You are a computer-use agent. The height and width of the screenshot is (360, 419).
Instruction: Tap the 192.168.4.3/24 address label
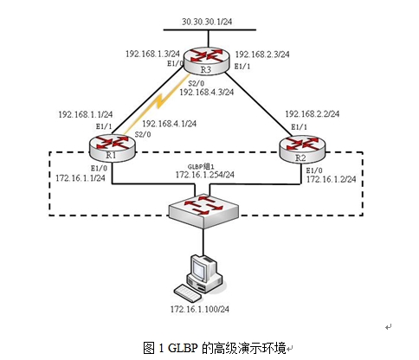(208, 92)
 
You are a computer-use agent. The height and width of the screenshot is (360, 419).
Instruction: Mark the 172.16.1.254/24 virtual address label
(205, 175)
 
